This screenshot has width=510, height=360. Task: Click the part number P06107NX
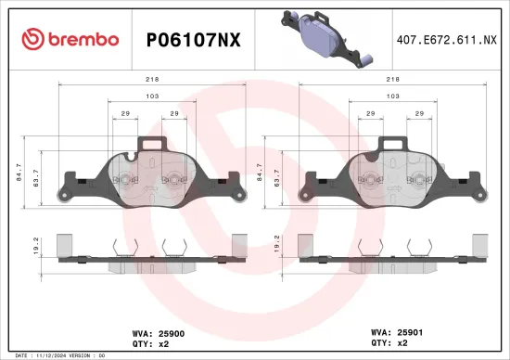pyautogui.click(x=195, y=39)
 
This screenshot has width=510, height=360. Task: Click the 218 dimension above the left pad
pyautogui.click(x=152, y=81)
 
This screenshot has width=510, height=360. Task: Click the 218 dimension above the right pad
pyautogui.click(x=392, y=81)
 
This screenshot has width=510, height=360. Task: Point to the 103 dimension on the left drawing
pyautogui.click(x=150, y=96)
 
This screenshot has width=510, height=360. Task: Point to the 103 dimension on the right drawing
pyautogui.click(x=392, y=96)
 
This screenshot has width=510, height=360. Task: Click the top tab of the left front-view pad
pyautogui.click(x=152, y=144)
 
